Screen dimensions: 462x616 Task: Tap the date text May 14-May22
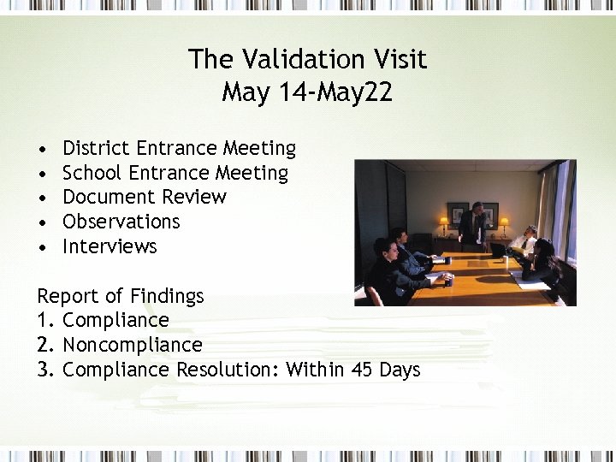(x=307, y=92)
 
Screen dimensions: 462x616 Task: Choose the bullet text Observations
(x=121, y=222)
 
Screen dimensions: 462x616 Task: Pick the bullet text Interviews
(x=110, y=246)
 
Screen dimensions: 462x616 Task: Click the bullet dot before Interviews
(x=42, y=247)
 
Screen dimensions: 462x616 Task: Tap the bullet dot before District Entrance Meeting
(x=42, y=150)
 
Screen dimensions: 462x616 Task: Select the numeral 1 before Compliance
(x=43, y=321)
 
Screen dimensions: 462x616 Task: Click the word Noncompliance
(x=133, y=345)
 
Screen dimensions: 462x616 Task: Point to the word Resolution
(x=228, y=370)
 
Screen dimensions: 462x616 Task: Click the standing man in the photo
(x=473, y=226)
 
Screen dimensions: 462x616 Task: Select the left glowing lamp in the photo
(x=444, y=222)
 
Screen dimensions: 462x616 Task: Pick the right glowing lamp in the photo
(x=504, y=222)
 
